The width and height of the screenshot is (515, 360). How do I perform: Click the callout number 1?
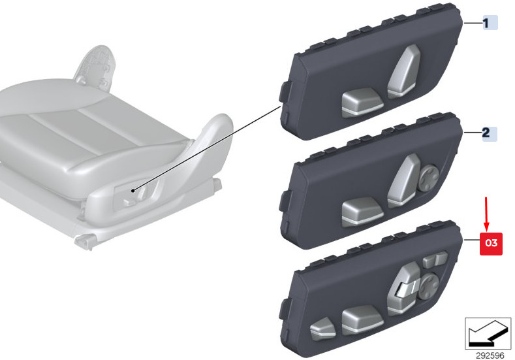pyautogui.click(x=486, y=23)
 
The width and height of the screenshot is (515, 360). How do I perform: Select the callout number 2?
pyautogui.click(x=486, y=133)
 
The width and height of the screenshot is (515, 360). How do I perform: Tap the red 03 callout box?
pyautogui.click(x=491, y=243)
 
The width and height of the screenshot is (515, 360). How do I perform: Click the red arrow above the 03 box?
pyautogui.click(x=486, y=214)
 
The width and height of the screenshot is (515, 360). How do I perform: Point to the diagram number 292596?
pyautogui.click(x=490, y=355)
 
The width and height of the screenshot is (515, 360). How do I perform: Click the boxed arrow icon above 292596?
pyautogui.click(x=488, y=333)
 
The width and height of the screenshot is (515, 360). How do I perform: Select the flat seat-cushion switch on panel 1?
pyautogui.click(x=362, y=103)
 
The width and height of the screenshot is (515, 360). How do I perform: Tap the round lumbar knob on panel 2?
pyautogui.click(x=429, y=177)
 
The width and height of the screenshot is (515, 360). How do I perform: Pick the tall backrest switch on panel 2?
pyautogui.click(x=404, y=180)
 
